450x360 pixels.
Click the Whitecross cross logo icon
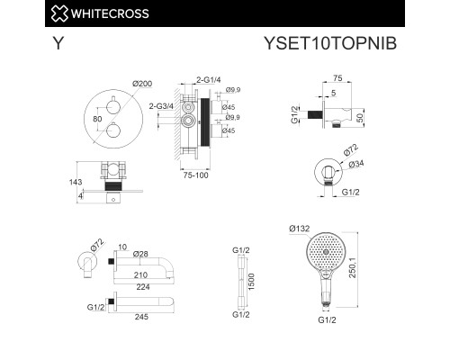point(59,13)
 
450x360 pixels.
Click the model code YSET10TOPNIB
point(330,43)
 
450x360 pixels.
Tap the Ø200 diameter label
point(142,84)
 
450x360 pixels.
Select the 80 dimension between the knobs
point(97,119)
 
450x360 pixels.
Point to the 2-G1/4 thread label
point(209,80)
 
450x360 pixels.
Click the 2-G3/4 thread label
point(161,106)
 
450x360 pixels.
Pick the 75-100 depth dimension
point(196,175)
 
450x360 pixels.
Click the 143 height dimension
point(76,182)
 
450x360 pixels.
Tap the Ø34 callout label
point(356,164)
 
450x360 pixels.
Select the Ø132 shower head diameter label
point(300,229)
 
